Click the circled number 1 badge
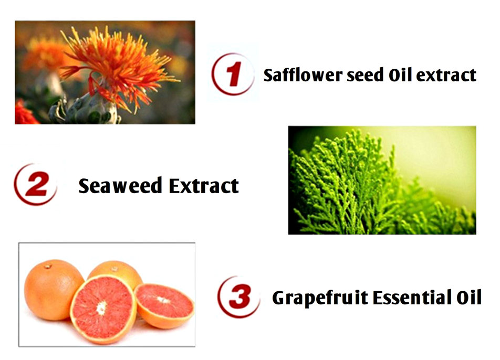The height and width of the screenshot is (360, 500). [x=233, y=74]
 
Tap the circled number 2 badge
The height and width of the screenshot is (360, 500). [x=35, y=184]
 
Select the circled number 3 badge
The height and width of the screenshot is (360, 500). [x=238, y=297]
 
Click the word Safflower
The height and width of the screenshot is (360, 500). [x=303, y=75]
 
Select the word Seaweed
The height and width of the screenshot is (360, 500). [x=120, y=186]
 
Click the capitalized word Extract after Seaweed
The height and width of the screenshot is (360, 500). [x=204, y=186]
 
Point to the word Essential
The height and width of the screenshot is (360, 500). [x=412, y=298]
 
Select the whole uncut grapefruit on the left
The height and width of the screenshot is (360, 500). [x=53, y=290]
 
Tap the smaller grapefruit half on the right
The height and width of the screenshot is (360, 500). [x=164, y=306]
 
